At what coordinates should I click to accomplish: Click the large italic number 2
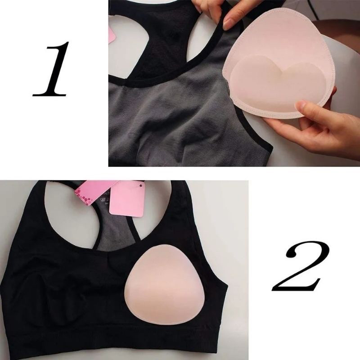coord(301,266)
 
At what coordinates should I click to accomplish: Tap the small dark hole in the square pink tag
coord(141,184)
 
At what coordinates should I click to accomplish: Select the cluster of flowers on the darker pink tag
coord(84,196)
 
